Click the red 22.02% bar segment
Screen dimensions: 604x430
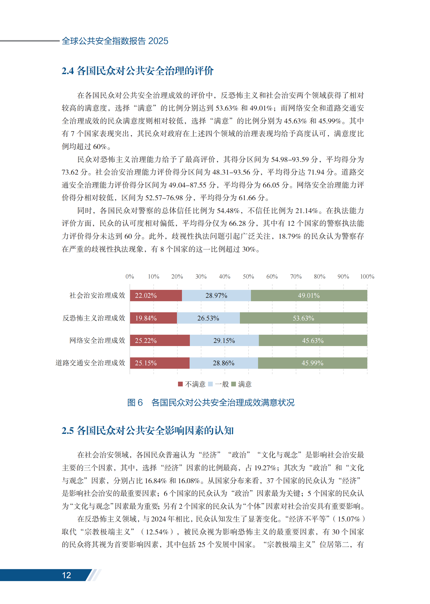[156, 295]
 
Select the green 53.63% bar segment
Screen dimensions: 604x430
[303, 318]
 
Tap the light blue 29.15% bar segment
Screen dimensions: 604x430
[224, 341]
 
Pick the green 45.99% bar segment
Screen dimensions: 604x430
[313, 363]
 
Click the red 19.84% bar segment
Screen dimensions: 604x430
[153, 318]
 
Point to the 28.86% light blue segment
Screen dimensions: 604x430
[224, 363]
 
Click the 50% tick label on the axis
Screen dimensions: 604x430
[248, 276]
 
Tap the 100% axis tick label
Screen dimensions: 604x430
[367, 276]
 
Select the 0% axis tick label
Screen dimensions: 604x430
[130, 276]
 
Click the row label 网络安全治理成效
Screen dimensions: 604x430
[97, 341]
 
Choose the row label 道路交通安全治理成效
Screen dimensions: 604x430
[90, 363]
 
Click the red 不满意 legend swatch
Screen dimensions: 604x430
[180, 384]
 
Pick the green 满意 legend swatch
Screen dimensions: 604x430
[234, 384]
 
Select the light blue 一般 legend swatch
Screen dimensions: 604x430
[210, 384]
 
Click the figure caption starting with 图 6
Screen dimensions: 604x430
[210, 402]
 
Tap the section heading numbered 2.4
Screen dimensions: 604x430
[137, 71]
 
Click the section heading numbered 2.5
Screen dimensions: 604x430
[147, 431]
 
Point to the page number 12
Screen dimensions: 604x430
[66, 575]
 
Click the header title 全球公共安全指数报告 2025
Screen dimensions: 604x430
[115, 41]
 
